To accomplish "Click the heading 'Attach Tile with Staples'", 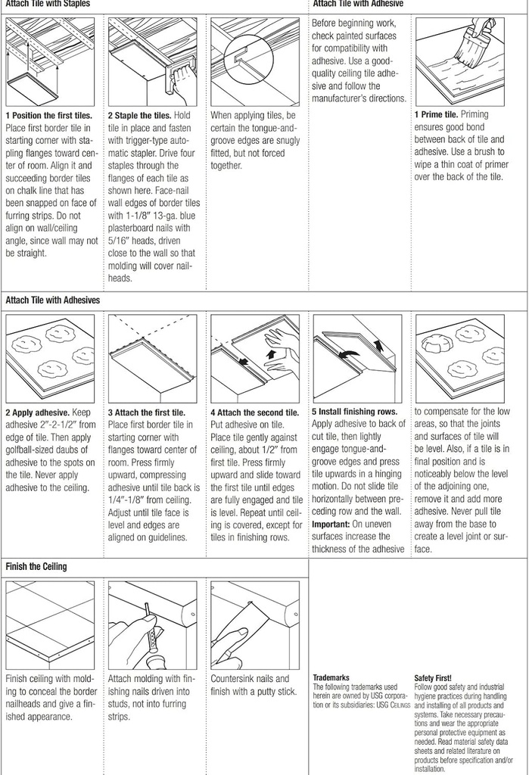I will (48, 4).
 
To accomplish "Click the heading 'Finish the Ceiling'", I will (36, 566).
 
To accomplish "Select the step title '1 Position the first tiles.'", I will (48, 115).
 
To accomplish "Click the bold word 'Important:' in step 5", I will (331, 524).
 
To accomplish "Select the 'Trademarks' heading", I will (331, 677).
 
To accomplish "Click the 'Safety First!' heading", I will (433, 677).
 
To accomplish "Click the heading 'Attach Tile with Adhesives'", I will (52, 300).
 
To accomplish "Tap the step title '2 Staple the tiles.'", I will (139, 115).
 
